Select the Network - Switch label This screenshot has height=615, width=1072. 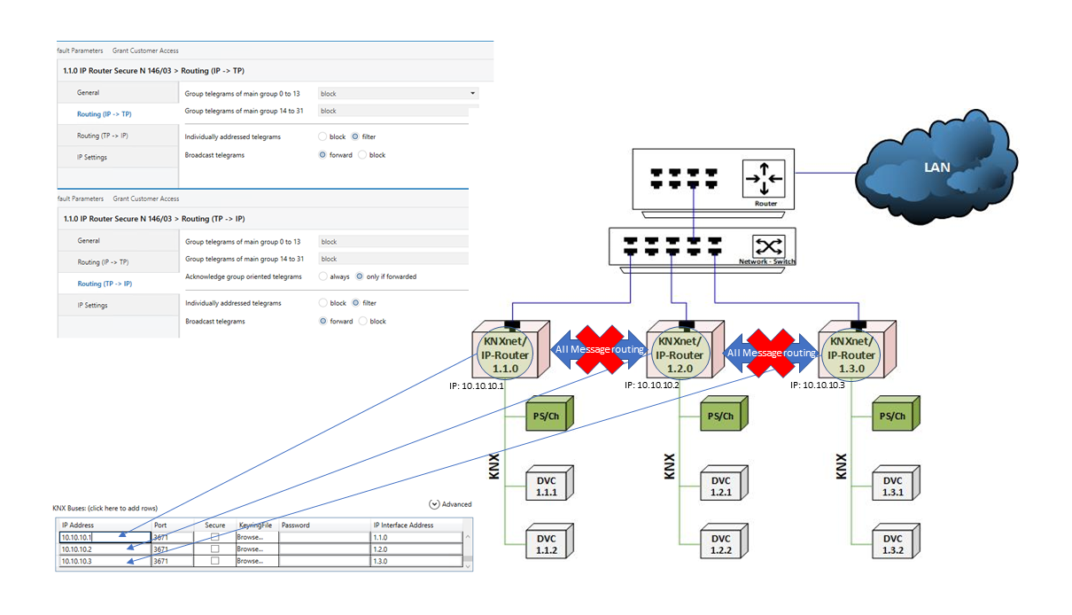pyautogui.click(x=767, y=261)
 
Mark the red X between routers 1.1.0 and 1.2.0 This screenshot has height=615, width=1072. pyautogui.click(x=601, y=347)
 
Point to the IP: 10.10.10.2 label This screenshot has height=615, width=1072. pyautogui.click(x=653, y=385)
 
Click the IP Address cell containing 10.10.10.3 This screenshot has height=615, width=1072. pyautogui.click(x=104, y=561)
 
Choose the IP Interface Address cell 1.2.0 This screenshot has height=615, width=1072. pyautogui.click(x=416, y=549)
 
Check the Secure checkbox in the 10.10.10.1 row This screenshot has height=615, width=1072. pyautogui.click(x=214, y=537)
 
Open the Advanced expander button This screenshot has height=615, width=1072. pyautogui.click(x=434, y=504)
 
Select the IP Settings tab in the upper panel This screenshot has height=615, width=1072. pyautogui.click(x=92, y=157)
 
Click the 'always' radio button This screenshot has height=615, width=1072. pyautogui.click(x=323, y=276)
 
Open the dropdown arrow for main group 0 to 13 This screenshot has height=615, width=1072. pyautogui.click(x=473, y=93)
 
